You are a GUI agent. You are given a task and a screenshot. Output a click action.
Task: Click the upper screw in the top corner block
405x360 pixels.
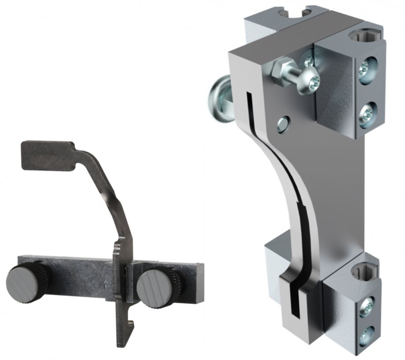pyautogui.click(x=365, y=69)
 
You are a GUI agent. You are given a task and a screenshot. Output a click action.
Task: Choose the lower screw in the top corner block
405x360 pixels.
pyautogui.click(x=365, y=112)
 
